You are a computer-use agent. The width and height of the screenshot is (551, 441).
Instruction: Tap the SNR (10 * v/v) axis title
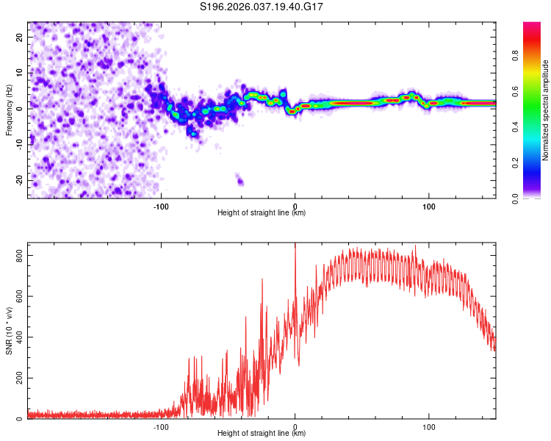[9, 335]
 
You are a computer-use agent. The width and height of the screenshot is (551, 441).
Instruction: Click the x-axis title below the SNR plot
[262, 434]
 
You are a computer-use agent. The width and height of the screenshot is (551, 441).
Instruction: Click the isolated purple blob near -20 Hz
[239, 180]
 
